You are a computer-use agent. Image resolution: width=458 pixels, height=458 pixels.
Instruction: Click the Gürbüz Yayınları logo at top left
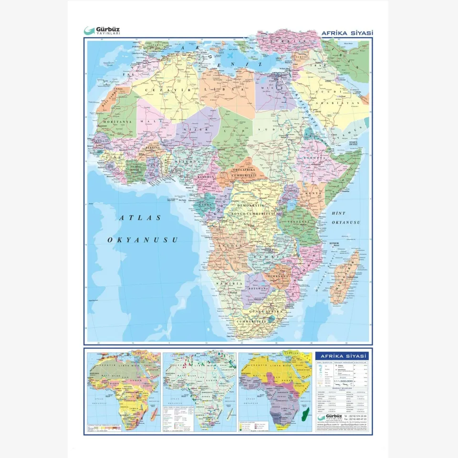102,31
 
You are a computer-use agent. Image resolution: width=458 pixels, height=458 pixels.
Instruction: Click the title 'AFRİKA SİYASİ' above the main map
347,33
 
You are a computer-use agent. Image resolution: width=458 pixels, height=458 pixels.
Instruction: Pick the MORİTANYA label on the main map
114,122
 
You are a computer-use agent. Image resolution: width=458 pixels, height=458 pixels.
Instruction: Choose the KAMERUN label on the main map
208,177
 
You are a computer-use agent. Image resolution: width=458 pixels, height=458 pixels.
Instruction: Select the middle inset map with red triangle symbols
199,391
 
